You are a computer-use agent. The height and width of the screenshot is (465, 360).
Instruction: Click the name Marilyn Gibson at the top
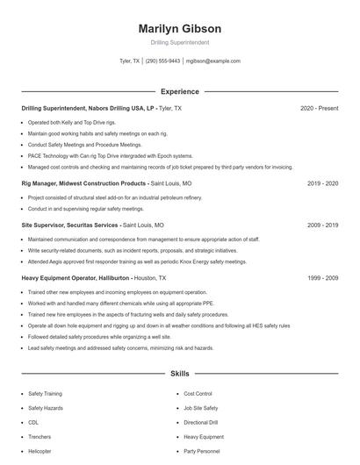(x=179, y=28)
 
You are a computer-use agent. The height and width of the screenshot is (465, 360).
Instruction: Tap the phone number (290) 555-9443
(x=163, y=61)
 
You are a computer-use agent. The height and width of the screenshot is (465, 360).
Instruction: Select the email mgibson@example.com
(x=212, y=61)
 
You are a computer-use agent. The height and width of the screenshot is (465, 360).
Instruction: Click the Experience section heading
(x=179, y=91)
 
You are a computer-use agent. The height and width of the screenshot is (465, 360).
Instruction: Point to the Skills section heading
(x=179, y=374)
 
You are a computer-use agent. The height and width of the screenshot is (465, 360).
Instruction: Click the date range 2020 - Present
(x=319, y=108)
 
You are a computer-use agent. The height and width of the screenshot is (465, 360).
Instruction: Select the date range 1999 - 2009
(x=322, y=277)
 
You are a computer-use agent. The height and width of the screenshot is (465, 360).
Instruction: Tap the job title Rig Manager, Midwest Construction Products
(x=83, y=184)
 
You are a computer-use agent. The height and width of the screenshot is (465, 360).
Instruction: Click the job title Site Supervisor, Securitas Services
(x=70, y=225)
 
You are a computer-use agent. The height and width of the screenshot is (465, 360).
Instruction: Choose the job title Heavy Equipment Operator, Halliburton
(x=76, y=277)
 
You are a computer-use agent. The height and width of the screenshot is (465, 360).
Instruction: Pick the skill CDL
(x=33, y=422)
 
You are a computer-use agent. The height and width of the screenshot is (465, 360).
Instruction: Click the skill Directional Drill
(x=201, y=422)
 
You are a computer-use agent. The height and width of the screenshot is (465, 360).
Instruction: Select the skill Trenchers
(x=40, y=436)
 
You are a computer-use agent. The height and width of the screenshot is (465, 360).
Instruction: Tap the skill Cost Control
(x=198, y=394)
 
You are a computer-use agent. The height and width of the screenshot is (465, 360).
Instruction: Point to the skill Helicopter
(x=40, y=451)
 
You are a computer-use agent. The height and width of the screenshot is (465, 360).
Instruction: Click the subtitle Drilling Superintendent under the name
(x=179, y=42)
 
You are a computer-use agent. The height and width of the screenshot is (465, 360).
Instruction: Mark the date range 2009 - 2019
(x=322, y=225)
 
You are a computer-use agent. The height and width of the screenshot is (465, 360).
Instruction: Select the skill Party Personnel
(x=201, y=451)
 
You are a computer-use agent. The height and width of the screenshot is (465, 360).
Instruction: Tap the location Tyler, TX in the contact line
(x=129, y=61)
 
